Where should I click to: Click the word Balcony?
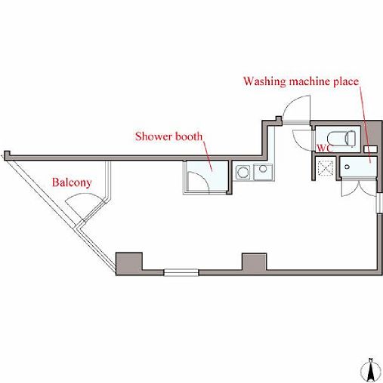tap(72, 182)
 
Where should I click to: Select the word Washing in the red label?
tap(264, 81)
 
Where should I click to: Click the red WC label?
tap(325, 148)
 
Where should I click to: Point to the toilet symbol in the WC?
tap(341, 138)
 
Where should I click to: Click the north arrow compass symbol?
tap(370, 369)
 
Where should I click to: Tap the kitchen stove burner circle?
tap(243, 172)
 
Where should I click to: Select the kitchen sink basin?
tap(263, 172)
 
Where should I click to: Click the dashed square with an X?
tap(325, 168)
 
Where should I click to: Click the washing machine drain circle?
tap(347, 167)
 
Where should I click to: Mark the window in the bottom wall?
tap(181, 272)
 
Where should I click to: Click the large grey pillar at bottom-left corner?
tap(128, 264)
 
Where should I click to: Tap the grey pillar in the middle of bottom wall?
tap(254, 262)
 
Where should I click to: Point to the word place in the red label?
tap(346, 82)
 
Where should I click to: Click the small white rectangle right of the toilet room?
tap(370, 149)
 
